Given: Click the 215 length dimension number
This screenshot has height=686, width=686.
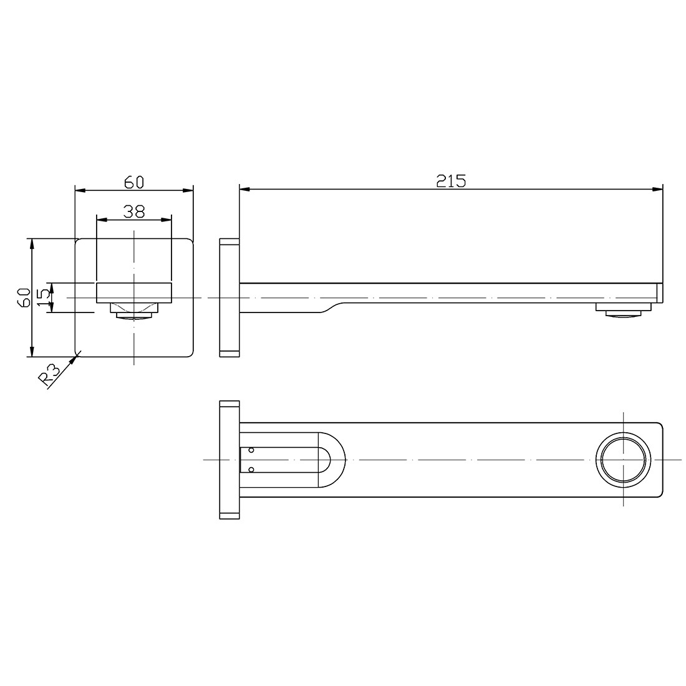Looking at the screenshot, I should [451, 181].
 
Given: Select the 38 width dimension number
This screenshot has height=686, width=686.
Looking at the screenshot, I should [134, 211].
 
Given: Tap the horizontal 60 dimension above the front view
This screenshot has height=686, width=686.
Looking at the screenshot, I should [134, 181].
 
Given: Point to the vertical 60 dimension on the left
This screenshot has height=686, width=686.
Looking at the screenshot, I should [23, 297].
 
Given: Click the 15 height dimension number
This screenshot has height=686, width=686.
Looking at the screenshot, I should [43, 298].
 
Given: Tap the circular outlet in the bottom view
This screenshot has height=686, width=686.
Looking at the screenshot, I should [624, 459].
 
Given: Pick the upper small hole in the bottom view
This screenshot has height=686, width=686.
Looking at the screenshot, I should [251, 449].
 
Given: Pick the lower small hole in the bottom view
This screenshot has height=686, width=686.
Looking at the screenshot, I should [251, 470].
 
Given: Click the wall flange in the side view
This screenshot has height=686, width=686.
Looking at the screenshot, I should [229, 297].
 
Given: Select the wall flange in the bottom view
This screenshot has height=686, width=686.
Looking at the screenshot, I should [229, 459].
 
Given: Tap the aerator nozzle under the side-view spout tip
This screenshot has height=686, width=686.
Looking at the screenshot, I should [624, 310].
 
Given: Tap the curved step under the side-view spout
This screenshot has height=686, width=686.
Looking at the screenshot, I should [331, 306].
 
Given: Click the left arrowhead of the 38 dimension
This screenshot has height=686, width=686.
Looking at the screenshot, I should [100, 219].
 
